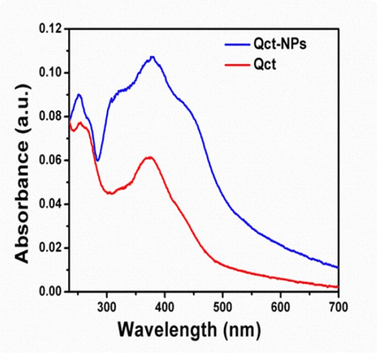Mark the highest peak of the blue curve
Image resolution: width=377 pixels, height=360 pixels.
(x=152, y=57)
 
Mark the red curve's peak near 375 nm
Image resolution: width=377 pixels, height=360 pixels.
(x=149, y=158)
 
